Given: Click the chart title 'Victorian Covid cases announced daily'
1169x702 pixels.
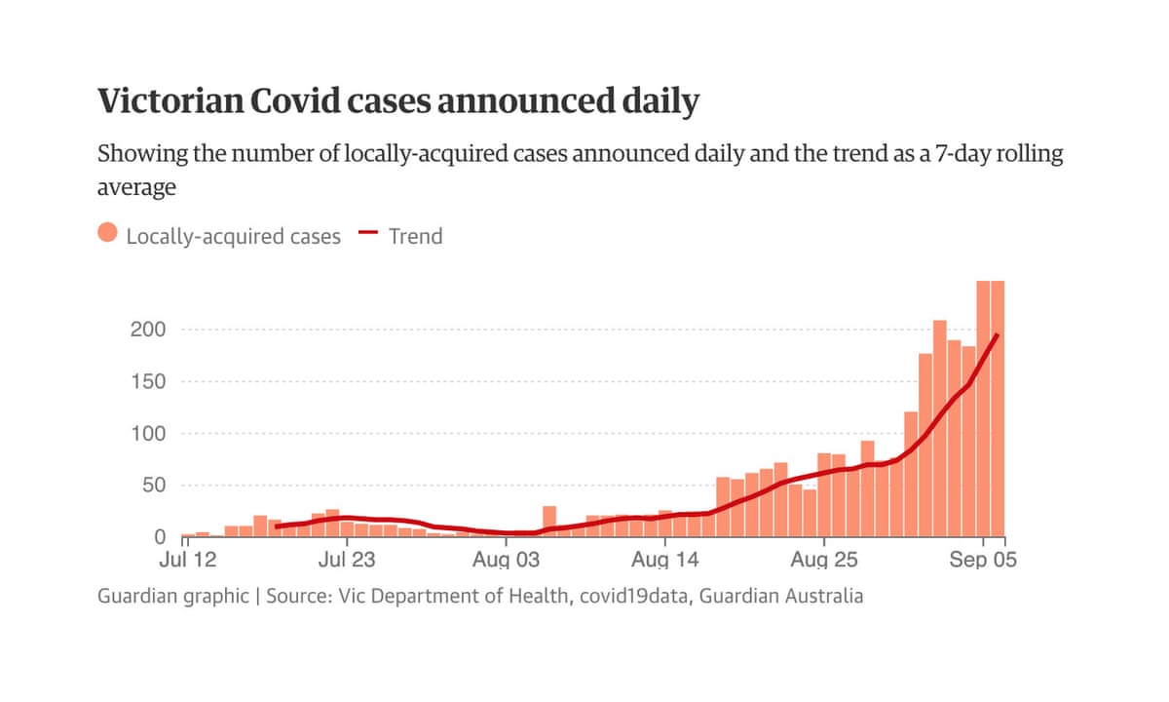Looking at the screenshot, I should [x=397, y=101].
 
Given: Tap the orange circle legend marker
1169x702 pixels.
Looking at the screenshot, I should [x=108, y=235].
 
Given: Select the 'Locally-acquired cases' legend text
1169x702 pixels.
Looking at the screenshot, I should [x=234, y=236].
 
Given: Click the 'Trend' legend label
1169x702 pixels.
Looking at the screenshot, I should [x=415, y=236].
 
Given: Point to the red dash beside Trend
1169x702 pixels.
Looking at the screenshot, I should [x=367, y=234].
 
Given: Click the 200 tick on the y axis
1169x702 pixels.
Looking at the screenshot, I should [x=148, y=330].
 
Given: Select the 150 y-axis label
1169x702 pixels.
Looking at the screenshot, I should [x=148, y=381].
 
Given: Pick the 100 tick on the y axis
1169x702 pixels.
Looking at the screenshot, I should [x=148, y=433].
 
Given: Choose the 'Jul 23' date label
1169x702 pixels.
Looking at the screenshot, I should [x=348, y=561].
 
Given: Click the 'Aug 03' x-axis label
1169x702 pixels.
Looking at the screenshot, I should [x=506, y=561].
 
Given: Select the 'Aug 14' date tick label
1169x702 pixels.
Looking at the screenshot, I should [x=665, y=561].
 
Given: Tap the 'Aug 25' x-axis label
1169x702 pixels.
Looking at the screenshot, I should [x=823, y=561].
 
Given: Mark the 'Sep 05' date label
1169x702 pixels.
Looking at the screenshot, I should [x=982, y=561].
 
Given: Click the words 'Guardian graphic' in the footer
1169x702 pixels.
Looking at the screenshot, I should [x=172, y=596].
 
